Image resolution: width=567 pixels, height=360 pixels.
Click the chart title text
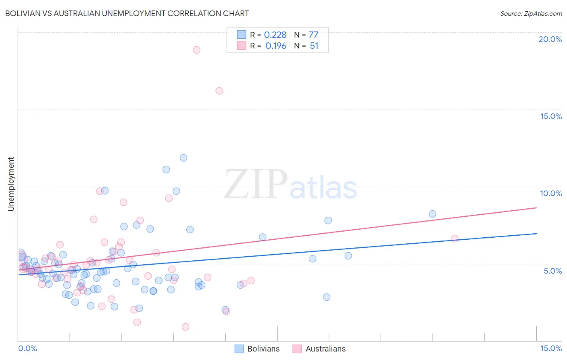[x=127, y=13]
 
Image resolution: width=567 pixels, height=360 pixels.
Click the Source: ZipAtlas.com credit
[x=531, y=13]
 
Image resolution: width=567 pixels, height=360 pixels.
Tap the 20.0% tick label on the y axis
[x=550, y=39]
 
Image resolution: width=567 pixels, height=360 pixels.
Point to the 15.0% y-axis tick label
[x=551, y=116]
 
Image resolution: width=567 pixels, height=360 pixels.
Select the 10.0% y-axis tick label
[x=551, y=193]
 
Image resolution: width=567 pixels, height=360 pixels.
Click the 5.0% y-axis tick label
[x=552, y=271]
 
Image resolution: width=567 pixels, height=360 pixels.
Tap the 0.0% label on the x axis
[x=27, y=348]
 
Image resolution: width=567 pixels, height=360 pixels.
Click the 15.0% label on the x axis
[x=551, y=348]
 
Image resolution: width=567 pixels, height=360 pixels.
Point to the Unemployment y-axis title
[x=11, y=184]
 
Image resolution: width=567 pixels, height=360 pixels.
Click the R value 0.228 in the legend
[x=275, y=35]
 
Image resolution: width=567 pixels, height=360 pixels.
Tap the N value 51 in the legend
[x=314, y=46]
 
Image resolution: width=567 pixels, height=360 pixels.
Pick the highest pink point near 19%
[x=196, y=50]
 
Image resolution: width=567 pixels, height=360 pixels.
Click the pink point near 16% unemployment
[x=219, y=91]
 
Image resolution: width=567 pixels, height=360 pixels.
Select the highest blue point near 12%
[x=183, y=158]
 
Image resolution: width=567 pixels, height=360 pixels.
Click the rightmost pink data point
[x=454, y=239]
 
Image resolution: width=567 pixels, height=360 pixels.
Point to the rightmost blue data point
[x=432, y=214]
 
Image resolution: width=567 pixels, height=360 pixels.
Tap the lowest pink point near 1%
[x=186, y=327]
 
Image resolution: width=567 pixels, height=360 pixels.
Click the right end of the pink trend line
[x=536, y=207]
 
